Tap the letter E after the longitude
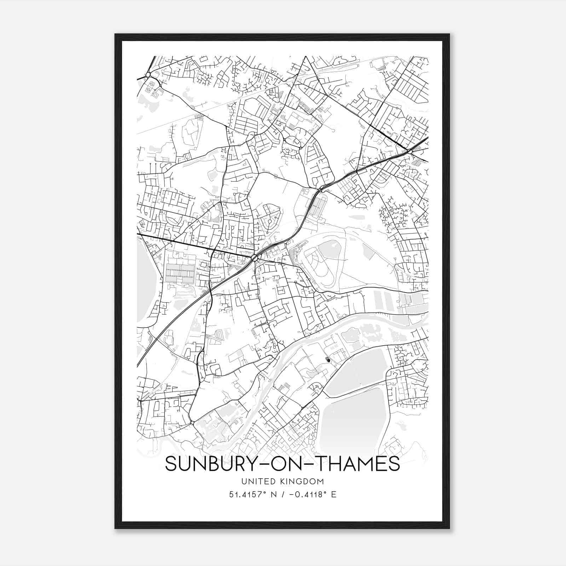(x=334, y=494)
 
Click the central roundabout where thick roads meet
(x=255, y=259)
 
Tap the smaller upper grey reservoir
(x=357, y=371)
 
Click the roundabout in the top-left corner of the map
(x=148, y=75)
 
